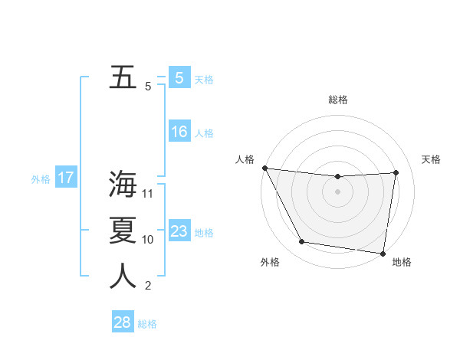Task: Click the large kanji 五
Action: (x=123, y=77)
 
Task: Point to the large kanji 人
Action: (x=123, y=277)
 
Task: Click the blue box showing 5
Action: (x=179, y=78)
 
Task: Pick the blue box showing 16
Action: (x=179, y=132)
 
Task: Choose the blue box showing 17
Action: (x=65, y=178)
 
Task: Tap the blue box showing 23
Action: (x=179, y=231)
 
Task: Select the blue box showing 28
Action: (x=122, y=322)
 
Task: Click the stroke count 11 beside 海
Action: (x=148, y=194)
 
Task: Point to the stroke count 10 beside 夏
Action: (x=148, y=240)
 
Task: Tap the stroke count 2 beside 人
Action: (x=147, y=286)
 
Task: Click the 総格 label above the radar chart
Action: (x=338, y=100)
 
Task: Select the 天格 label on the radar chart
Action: (x=431, y=159)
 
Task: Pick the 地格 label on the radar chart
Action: (x=402, y=262)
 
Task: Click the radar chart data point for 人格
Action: (x=264, y=168)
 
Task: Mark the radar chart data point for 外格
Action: (x=301, y=242)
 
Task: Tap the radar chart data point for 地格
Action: (x=383, y=253)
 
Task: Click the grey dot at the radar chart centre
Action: (x=337, y=191)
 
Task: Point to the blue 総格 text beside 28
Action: (x=147, y=324)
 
